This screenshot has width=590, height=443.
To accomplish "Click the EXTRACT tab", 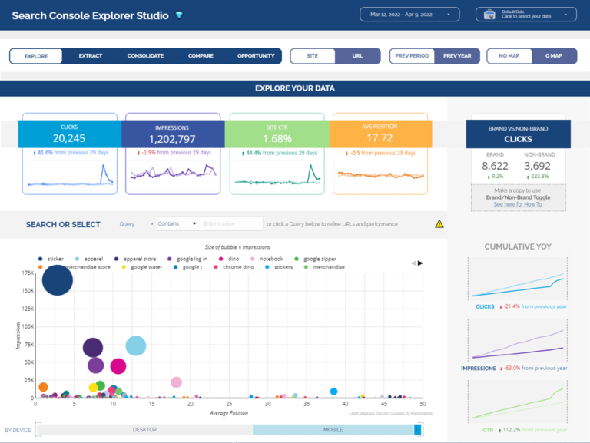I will point(90,56).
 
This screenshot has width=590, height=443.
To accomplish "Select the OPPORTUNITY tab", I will point(256,56).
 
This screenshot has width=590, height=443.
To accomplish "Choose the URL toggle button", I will point(357,56).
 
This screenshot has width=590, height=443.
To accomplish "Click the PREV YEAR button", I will point(456,56).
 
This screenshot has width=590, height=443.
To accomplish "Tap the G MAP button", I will point(553,56).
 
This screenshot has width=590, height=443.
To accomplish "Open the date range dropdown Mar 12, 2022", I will point(410,14).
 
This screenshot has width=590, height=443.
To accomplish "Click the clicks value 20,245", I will point(69,139).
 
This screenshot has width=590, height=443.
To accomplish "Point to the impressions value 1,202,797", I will point(173,139).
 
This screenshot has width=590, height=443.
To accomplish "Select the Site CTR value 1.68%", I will point(276,139).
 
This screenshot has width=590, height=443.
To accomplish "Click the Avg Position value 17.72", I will point(380,139).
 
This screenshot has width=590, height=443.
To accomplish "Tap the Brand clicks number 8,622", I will point(496,165).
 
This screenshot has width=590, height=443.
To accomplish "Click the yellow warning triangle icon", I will point(439,224).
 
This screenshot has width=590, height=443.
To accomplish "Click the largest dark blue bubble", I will point(58,280).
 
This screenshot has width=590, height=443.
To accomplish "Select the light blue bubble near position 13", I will point(135,345).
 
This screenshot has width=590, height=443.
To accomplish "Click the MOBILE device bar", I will point(333,430).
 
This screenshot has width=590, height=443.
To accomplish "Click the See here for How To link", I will point(519,205).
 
